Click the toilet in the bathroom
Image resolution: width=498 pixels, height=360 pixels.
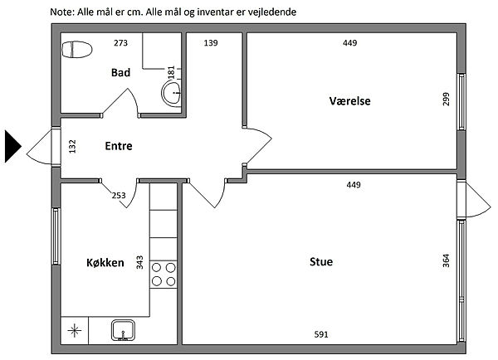pos(77,50)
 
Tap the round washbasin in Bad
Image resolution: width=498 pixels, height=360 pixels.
pos(172,93)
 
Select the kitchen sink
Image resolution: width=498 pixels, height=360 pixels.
pos(123,330)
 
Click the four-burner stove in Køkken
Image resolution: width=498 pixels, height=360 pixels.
pos(164,275)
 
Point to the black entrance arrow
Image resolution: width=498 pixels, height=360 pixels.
pos(13,147)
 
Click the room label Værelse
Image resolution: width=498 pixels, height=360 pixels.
pos(349,101)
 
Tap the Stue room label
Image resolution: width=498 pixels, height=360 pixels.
pos(321,261)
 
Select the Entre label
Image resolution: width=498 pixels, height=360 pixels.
pos(119,146)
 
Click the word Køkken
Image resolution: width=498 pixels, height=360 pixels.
pos(105,263)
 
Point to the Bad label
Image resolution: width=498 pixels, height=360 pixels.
pos(120,73)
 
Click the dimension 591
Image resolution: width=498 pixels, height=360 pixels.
pos(321,334)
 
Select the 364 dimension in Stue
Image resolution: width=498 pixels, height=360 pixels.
pos(446,260)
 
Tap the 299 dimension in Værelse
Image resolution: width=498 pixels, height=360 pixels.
pos(446,99)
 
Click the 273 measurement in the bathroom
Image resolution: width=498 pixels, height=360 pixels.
pos(120,43)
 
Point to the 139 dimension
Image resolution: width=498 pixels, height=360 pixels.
pos(211,43)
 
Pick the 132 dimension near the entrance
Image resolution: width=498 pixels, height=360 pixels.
pos(72,146)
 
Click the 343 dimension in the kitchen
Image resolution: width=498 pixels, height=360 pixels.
pos(139,263)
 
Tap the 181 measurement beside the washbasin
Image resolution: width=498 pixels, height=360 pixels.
pos(171,72)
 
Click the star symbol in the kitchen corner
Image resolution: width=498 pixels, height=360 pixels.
pos(75,330)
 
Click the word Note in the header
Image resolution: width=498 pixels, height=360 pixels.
pos(62,12)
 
